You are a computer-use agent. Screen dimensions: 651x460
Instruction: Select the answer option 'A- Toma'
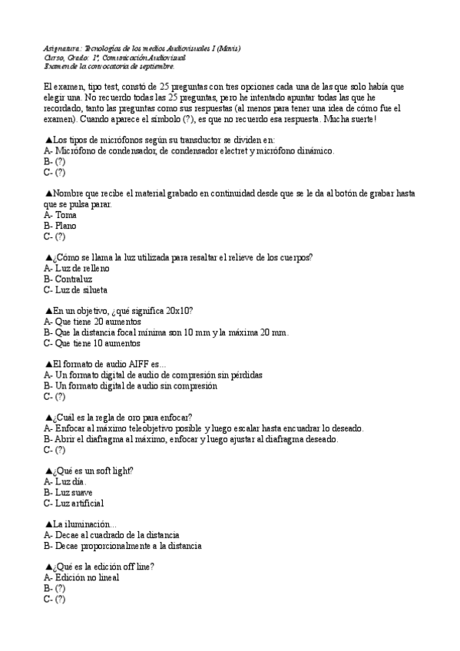(x=61, y=216)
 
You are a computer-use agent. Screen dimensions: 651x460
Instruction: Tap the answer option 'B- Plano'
(x=61, y=226)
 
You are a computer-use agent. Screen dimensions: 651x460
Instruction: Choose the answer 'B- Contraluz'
(x=68, y=279)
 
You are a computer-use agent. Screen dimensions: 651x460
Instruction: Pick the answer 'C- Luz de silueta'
(x=76, y=290)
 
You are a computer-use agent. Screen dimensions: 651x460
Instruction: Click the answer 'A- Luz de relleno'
(x=77, y=269)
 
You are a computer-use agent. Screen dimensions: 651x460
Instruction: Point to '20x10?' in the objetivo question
(x=178, y=311)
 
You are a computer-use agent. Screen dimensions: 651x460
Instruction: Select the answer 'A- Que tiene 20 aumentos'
(x=87, y=322)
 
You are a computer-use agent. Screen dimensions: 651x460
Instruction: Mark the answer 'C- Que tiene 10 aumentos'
(x=87, y=343)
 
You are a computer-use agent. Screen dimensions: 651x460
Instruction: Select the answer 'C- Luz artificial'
(x=74, y=503)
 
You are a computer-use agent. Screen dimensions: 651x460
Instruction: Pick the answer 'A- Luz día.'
(x=65, y=481)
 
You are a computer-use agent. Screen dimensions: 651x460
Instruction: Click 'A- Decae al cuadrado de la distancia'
(x=111, y=534)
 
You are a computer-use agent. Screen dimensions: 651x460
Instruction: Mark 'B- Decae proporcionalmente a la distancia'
(x=123, y=546)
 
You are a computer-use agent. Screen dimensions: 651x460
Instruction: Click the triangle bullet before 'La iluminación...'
(x=48, y=524)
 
